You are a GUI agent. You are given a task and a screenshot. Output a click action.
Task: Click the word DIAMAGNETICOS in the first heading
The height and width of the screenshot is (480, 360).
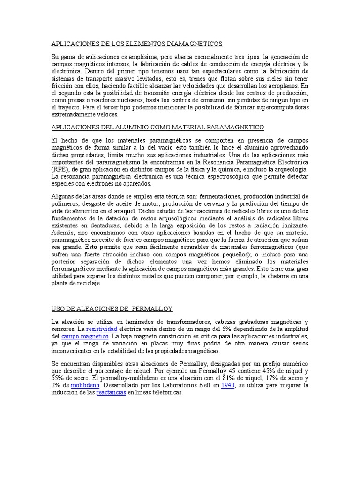click(x=195, y=44)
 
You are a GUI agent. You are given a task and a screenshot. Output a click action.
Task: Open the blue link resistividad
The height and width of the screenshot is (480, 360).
click(x=102, y=329)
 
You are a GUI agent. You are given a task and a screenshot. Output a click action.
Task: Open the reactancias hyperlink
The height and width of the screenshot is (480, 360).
click(x=111, y=393)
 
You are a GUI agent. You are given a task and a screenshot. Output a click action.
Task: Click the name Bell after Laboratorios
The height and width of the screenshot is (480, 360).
click(x=209, y=385)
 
